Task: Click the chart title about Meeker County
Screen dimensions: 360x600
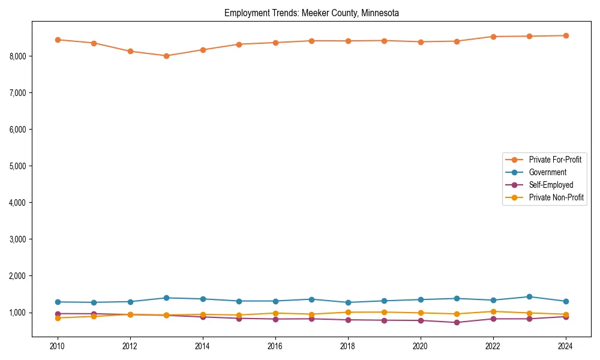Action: point(311,13)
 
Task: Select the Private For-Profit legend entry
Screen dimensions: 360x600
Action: point(550,160)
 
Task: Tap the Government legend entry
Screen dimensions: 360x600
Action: point(547,172)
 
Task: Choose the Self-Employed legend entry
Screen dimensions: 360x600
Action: point(551,185)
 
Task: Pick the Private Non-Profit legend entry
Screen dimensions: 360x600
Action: point(556,197)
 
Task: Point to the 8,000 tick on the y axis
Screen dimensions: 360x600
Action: point(17,56)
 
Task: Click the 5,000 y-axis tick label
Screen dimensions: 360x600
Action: point(17,166)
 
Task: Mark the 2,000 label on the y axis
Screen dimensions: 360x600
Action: point(17,276)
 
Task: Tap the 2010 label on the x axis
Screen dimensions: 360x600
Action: point(58,346)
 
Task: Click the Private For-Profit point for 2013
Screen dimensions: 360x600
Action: point(166,56)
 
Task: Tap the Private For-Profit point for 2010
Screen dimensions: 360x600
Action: point(58,40)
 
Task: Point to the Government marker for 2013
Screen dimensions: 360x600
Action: point(166,298)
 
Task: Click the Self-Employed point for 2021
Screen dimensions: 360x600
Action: point(457,322)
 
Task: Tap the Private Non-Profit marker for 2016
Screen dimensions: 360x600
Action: point(275,313)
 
